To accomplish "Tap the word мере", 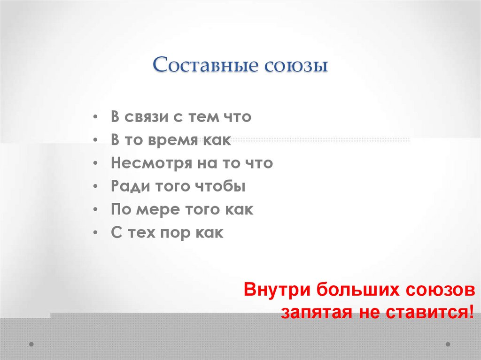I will click(158, 210).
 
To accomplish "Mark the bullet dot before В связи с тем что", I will click(95, 117).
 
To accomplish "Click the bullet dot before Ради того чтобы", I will click(95, 187).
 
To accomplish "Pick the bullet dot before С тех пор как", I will click(95, 233).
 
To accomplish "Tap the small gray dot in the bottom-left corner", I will click(31, 344).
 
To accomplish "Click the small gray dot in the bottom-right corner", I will click(447, 344).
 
